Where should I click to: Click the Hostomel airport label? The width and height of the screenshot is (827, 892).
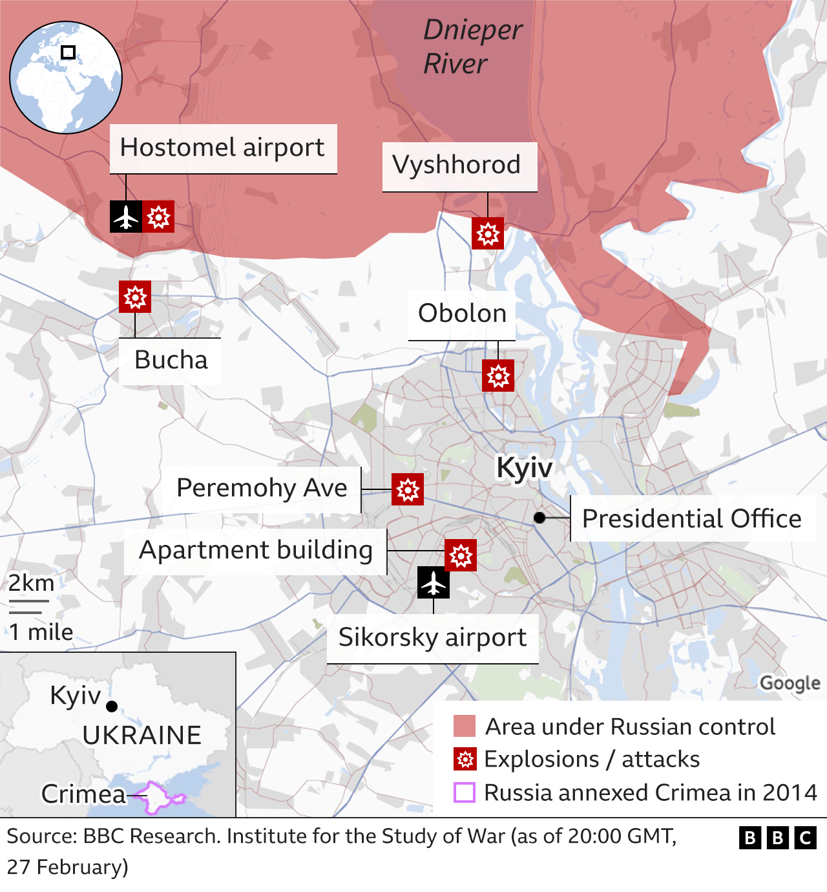[x=222, y=148]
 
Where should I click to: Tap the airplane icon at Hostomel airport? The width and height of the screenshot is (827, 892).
[x=126, y=217]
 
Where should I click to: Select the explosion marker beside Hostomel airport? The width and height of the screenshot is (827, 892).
[x=158, y=217]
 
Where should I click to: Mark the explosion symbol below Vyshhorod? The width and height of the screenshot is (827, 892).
[x=488, y=233]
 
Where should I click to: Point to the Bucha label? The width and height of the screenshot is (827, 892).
[x=171, y=360]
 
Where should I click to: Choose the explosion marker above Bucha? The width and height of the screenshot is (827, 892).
[x=135, y=297]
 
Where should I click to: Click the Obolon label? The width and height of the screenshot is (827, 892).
[x=462, y=313]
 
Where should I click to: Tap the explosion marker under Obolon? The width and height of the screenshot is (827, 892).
[x=498, y=376]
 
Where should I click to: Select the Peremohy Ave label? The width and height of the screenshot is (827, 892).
[x=262, y=488]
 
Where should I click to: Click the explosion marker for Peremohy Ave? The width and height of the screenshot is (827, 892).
[x=408, y=489]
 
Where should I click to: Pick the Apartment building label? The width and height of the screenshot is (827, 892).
[x=256, y=550]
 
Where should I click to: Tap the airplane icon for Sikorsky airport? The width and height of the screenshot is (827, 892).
[x=434, y=583]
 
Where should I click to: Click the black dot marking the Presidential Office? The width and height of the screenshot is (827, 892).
[x=539, y=518]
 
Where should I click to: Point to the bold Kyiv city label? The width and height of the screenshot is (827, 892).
[x=524, y=467]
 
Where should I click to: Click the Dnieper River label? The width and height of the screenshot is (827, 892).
[x=472, y=47]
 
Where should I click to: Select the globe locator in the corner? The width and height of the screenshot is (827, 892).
[x=66, y=78]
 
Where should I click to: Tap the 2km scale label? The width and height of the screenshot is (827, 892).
[x=31, y=583]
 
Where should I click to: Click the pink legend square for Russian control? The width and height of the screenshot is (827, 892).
[x=465, y=726]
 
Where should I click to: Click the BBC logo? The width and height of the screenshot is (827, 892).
[x=778, y=838]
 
